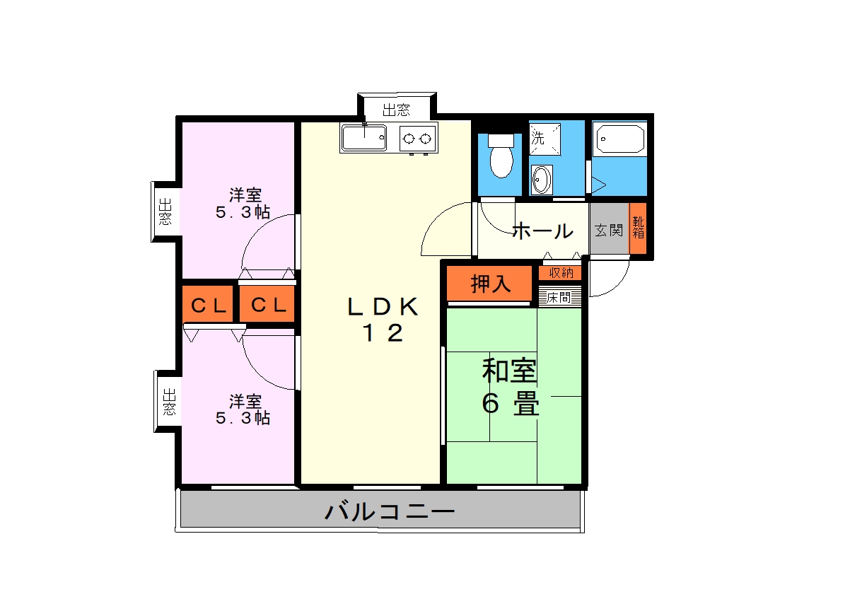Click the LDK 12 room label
coord(383,320)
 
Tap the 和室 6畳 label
coord(510,387)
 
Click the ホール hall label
coord(542,231)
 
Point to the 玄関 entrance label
coord(608,231)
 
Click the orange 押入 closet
coord(490,284)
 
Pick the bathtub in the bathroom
coord(620,139)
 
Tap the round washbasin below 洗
coord(542,180)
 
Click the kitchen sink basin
coord(364,139)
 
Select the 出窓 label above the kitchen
coord(396,110)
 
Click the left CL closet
coord(209,306)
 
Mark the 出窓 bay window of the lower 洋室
coord(168,401)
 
